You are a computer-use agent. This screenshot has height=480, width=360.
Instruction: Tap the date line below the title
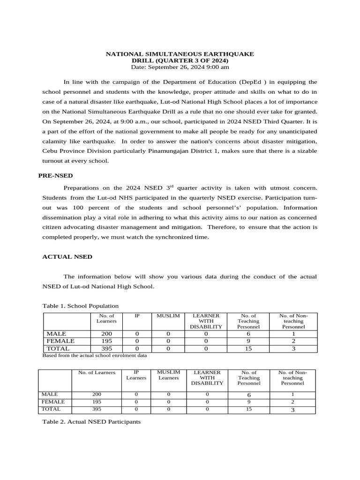click(x=180, y=67)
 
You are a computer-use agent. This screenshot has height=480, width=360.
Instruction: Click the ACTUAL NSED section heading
click(x=67, y=257)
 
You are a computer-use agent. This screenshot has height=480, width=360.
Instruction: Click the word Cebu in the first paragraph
click(x=50, y=151)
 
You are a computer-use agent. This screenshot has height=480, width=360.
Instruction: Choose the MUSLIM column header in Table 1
click(x=168, y=316)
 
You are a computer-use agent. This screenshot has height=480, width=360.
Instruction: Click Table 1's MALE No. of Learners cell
click(x=106, y=333)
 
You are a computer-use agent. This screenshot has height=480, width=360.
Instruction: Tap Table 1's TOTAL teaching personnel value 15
click(x=248, y=349)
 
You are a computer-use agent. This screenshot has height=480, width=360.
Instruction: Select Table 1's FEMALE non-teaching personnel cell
click(x=293, y=341)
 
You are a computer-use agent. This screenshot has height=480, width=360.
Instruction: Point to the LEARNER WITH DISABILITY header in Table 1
click(x=205, y=321)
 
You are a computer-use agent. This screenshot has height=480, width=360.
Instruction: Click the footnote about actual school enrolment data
click(x=95, y=356)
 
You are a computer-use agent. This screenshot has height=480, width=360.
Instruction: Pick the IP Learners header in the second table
click(x=136, y=375)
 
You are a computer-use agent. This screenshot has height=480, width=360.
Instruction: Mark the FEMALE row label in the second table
click(x=53, y=402)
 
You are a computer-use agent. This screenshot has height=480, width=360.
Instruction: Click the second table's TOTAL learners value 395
click(x=97, y=409)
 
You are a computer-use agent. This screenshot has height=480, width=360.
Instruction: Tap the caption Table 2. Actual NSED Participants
click(x=91, y=422)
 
